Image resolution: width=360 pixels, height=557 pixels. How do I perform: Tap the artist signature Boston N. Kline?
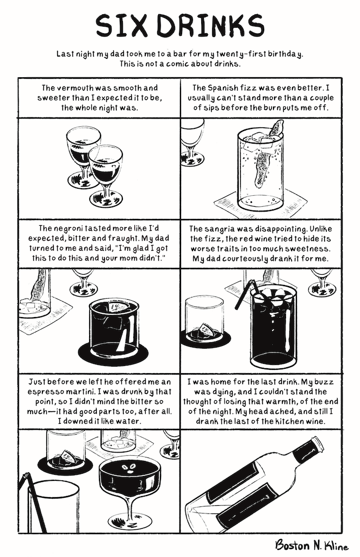(x=312, y=545)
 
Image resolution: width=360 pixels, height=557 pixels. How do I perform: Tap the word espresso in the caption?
(x=44, y=392)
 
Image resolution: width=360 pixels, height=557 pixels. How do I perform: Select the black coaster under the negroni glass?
(x=113, y=352)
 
